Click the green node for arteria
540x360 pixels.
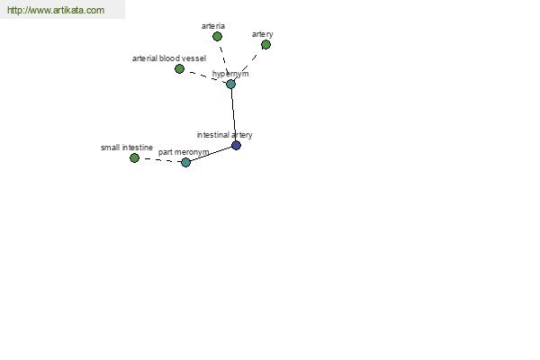[217, 36]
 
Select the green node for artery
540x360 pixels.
[265, 44]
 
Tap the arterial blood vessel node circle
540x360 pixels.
[179, 69]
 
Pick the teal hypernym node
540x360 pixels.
[230, 84]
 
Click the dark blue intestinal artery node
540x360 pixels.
[236, 146]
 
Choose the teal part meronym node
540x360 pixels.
[185, 162]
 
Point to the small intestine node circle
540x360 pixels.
[134, 157]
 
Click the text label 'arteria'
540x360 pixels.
[213, 26]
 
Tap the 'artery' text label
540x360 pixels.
[263, 34]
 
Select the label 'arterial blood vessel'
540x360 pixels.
[169, 58]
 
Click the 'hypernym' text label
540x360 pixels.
[230, 74]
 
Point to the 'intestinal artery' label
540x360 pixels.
[224, 135]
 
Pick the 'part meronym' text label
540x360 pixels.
[184, 152]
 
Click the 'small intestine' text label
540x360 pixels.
[127, 148]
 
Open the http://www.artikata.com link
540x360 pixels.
[56, 10]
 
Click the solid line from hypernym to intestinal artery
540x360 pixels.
[233, 114]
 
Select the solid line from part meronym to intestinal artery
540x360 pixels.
[211, 154]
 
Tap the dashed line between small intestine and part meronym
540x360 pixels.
[160, 160]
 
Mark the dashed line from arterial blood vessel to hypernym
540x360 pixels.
[205, 76]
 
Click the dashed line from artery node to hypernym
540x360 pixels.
[248, 64]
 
